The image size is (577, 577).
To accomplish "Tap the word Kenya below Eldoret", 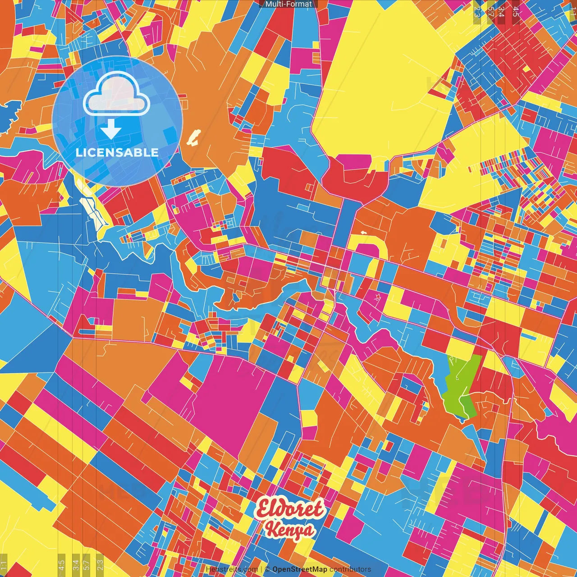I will [290, 530].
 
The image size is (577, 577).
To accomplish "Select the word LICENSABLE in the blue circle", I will [117, 152].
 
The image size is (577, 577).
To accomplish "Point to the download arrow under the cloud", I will [110, 130].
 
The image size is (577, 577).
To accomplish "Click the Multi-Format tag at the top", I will [288, 4].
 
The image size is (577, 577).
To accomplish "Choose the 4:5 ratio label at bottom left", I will [61, 565].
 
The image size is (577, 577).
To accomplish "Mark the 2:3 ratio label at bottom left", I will [100, 565].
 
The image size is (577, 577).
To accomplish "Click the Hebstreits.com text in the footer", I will [232, 569].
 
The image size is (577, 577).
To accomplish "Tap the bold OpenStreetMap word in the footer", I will [300, 569].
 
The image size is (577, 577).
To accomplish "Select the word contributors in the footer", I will [350, 569].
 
